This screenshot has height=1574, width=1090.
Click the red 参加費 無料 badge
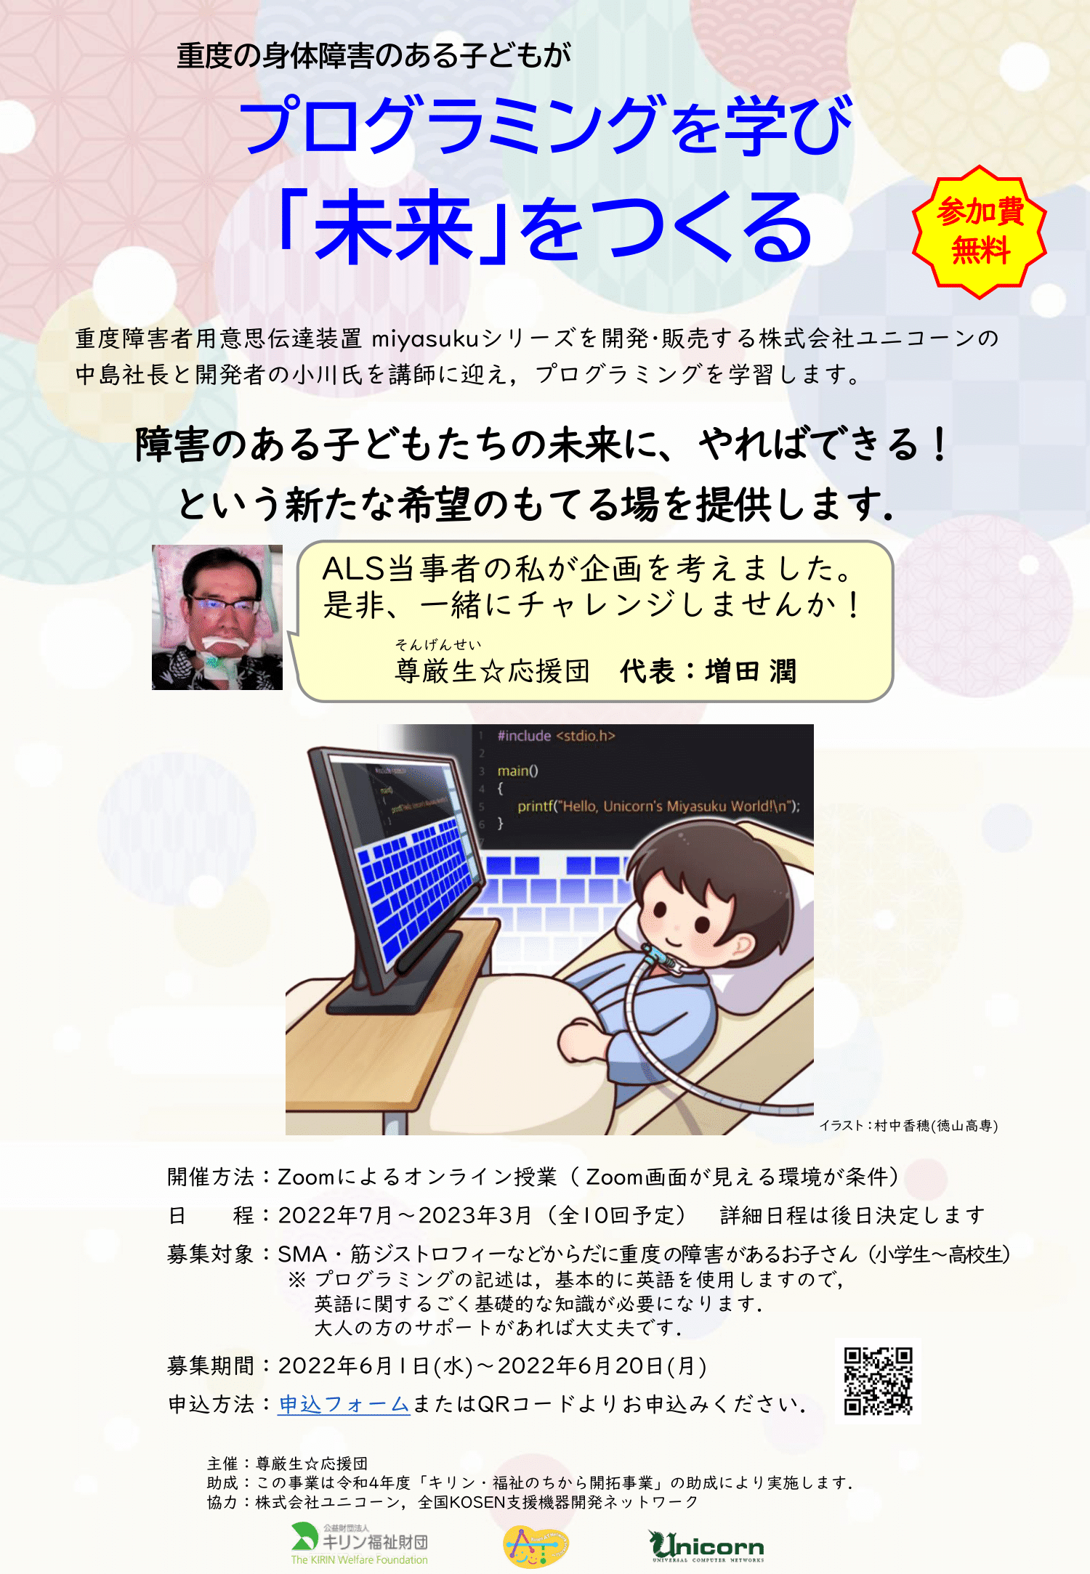pos(980,232)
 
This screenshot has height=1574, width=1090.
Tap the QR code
pos(878,1381)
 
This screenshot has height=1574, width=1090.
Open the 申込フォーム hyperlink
pos(344,1404)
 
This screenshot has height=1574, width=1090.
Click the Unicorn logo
pos(706,1546)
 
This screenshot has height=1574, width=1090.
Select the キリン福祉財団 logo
pos(360,1543)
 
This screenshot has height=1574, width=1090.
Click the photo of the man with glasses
pos(217,617)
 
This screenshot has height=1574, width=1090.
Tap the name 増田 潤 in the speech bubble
pos(751,671)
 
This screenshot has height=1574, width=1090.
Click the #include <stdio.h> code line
pos(556,736)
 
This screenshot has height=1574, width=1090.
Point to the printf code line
pos(658,806)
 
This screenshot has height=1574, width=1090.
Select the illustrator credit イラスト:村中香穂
pos(908,1125)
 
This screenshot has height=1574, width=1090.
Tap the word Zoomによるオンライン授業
pos(417,1177)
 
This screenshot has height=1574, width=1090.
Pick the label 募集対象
pos(210,1254)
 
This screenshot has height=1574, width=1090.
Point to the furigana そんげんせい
pos(438,644)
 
